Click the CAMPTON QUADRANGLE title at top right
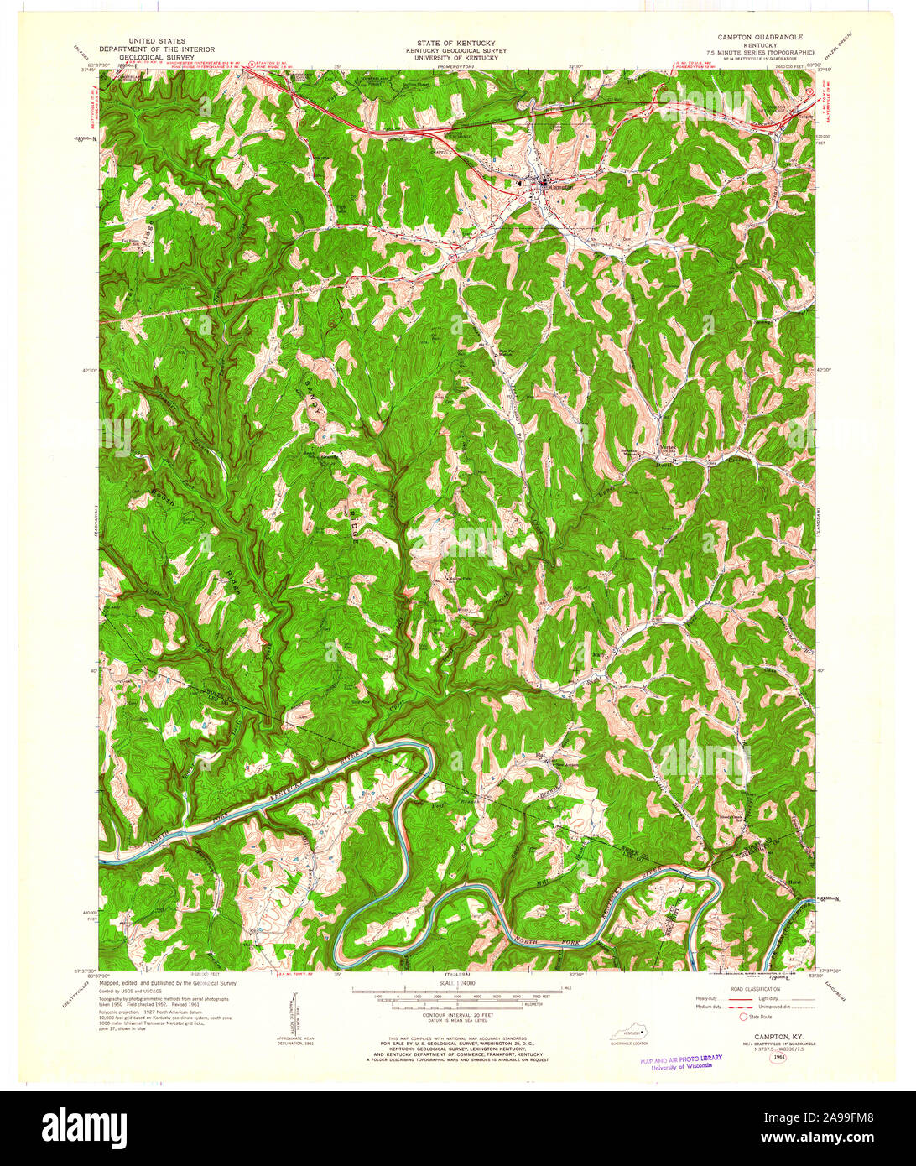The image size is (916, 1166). click(x=759, y=38)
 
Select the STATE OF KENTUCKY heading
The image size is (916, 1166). click(x=456, y=43)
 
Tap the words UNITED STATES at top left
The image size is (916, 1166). click(x=157, y=41)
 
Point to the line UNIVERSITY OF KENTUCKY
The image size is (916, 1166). click(x=456, y=57)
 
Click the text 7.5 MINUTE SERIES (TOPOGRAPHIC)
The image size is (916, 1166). click(x=759, y=52)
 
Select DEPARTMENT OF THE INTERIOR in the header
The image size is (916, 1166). click(x=157, y=49)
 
